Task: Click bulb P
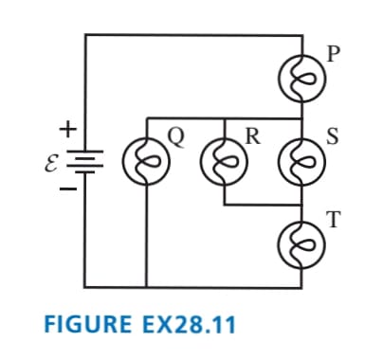pos(301,78)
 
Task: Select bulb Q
pos(147,161)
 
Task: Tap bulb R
pos(224,161)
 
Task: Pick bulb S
pos(301,161)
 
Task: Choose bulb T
pos(301,244)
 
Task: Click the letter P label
pos(334,54)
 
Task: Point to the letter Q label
pos(176,138)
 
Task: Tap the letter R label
pos(253,136)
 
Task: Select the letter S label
pos(333,136)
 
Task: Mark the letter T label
pos(334,220)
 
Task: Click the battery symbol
pos(84,161)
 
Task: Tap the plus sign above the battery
pos(68,129)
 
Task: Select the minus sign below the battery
pos(68,189)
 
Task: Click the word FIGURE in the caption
pos(88,324)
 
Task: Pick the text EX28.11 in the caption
pos(189,324)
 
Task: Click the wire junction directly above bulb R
pos(224,118)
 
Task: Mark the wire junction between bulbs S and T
pos(301,205)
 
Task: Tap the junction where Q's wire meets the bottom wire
pos(147,287)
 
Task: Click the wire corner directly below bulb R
pos(224,205)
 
